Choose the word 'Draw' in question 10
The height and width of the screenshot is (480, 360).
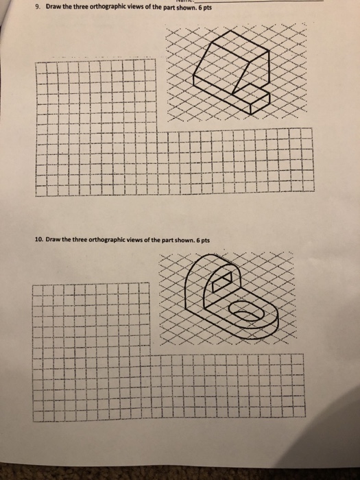[56, 240]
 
